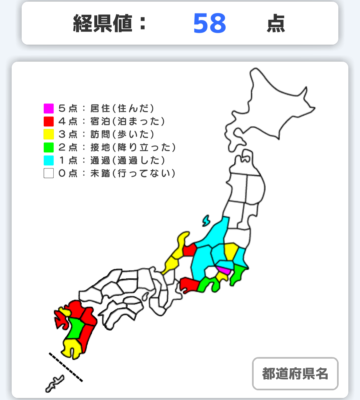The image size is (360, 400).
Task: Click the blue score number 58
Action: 210,24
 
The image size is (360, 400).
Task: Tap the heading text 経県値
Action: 103,24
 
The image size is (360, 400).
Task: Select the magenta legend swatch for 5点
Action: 49,108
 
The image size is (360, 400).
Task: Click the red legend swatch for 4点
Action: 49,121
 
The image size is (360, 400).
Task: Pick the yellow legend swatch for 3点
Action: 49,134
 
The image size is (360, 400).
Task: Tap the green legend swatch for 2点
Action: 49,147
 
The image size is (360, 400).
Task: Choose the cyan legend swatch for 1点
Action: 49,160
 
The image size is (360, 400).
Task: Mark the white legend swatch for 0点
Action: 49,173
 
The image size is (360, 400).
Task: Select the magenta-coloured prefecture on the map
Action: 223,270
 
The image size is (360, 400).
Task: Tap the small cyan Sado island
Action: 206,221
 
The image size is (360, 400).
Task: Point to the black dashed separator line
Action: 66,367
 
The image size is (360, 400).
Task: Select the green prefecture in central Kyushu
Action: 76,328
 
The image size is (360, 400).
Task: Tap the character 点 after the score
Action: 276,24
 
